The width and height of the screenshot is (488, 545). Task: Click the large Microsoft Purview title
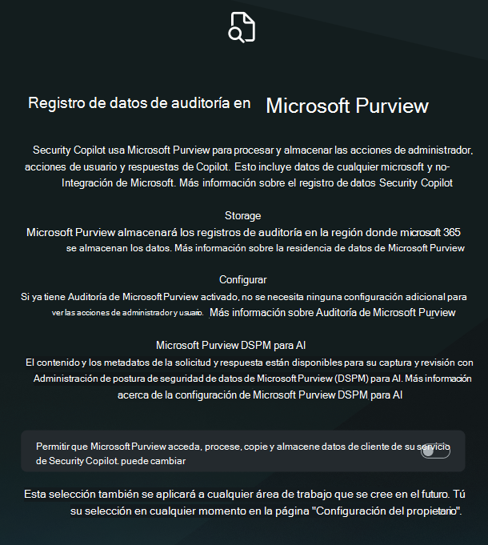click(347, 106)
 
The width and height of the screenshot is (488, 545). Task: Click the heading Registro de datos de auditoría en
click(139, 103)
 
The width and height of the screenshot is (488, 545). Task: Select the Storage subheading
click(243, 215)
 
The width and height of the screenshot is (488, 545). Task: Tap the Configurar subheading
click(242, 279)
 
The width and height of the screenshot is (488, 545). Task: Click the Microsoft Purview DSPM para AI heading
click(231, 346)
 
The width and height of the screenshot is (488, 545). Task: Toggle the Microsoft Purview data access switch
click(435, 451)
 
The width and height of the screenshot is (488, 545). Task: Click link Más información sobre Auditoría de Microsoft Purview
click(332, 312)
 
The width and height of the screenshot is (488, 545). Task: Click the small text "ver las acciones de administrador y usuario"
click(126, 312)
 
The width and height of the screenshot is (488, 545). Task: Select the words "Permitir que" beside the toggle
click(61, 445)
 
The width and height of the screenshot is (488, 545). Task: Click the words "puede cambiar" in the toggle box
click(163, 461)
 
